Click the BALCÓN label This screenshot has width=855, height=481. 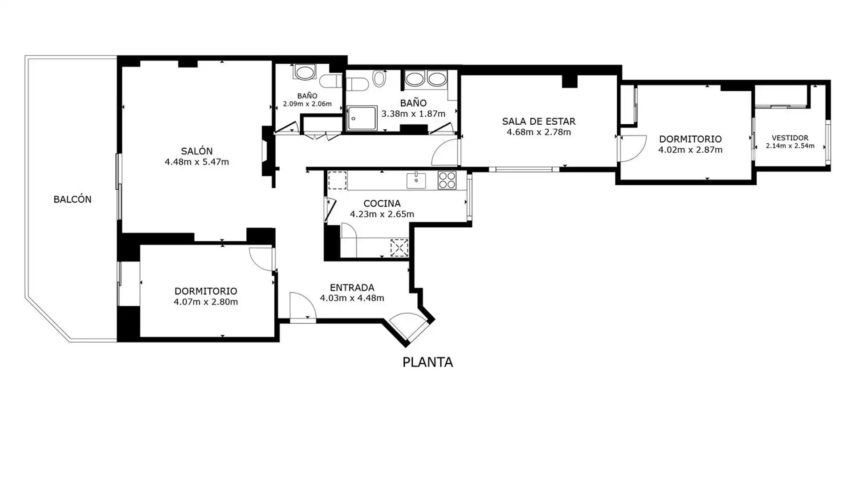pyautogui.click(x=72, y=199)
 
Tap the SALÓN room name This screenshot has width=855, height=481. pyautogui.click(x=197, y=151)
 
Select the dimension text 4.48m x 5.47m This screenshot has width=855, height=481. pyautogui.click(x=197, y=162)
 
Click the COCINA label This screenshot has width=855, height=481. pyautogui.click(x=382, y=204)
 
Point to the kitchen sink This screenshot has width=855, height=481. pyautogui.click(x=416, y=180)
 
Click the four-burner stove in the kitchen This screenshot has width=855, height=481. pyautogui.click(x=447, y=180)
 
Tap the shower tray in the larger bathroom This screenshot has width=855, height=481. pyautogui.click(x=362, y=118)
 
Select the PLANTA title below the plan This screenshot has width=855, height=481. pyautogui.click(x=427, y=362)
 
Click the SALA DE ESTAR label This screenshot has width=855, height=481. pyautogui.click(x=539, y=121)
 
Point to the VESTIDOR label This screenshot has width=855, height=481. pyautogui.click(x=790, y=138)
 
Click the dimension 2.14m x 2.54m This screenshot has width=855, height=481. pyautogui.click(x=790, y=146)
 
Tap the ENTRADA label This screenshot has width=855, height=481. pyautogui.click(x=352, y=287)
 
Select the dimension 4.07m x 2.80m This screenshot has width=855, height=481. pyautogui.click(x=206, y=302)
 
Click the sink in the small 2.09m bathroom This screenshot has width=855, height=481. pyautogui.click(x=305, y=72)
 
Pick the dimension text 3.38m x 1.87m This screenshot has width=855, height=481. pyautogui.click(x=413, y=114)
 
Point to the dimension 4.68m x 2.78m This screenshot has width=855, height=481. pyautogui.click(x=539, y=132)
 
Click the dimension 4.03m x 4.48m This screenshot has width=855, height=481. pyautogui.click(x=352, y=298)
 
